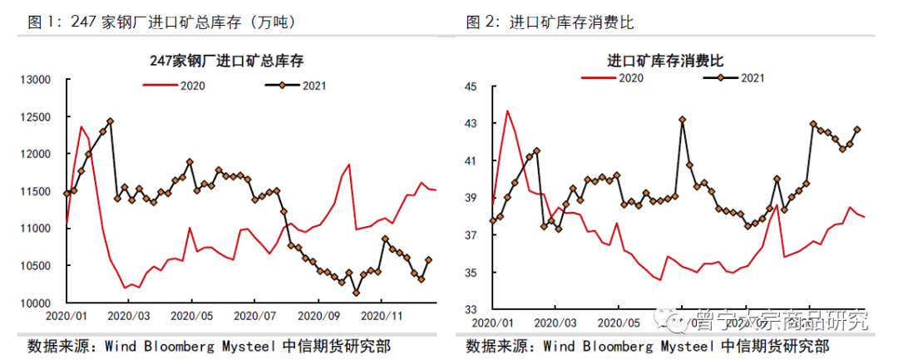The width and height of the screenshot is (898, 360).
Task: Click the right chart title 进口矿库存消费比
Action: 665,60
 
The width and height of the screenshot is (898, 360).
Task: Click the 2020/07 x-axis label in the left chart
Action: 254,316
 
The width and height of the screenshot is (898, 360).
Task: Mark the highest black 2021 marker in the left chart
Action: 110,121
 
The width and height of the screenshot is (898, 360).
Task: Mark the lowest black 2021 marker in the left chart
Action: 356,293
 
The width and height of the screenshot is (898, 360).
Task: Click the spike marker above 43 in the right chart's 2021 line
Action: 682,120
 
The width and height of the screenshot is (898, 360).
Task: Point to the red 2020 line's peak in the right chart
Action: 507,111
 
